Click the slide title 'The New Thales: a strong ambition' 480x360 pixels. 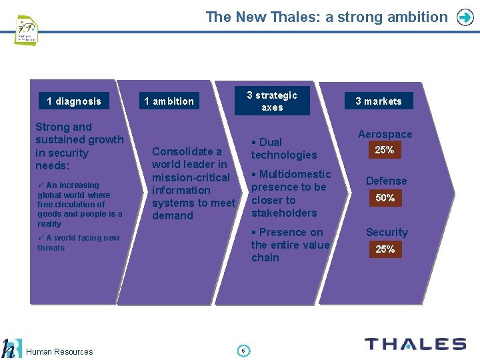(327, 17)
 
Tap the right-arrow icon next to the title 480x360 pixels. (465, 18)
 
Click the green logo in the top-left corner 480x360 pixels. (27, 30)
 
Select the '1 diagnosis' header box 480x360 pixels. (74, 101)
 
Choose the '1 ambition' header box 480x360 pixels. (169, 101)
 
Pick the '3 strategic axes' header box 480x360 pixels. (272, 101)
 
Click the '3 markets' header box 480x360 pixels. (379, 101)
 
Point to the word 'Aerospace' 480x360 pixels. (385, 134)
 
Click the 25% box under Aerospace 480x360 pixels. (385, 150)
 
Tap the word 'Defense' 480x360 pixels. (386, 181)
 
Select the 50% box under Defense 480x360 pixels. (385, 198)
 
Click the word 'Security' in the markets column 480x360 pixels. (387, 232)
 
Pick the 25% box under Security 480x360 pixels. (385, 249)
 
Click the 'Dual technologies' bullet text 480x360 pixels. (283, 148)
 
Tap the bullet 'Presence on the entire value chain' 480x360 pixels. (290, 245)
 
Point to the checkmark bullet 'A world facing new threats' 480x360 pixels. (79, 243)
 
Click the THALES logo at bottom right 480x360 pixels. (415, 344)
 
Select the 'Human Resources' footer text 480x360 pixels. (61, 351)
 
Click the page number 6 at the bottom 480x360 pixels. (244, 351)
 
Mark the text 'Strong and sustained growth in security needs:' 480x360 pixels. (79, 146)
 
